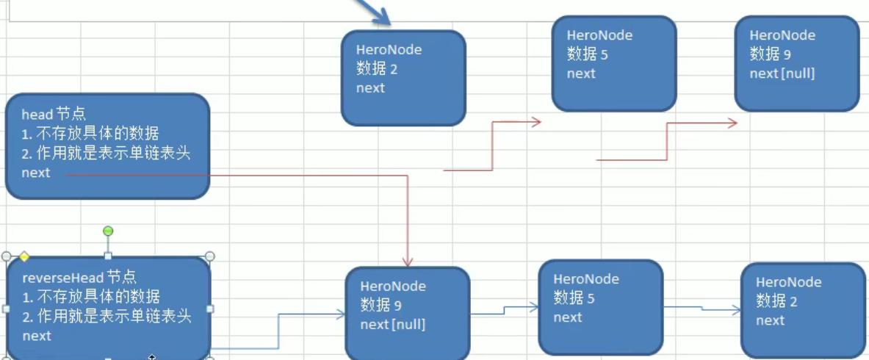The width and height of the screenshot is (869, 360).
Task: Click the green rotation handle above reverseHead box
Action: click(108, 231)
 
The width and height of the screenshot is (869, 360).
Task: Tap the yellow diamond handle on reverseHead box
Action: click(24, 256)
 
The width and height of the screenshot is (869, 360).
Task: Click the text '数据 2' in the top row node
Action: click(377, 69)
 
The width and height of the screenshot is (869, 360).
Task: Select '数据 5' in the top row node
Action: click(587, 54)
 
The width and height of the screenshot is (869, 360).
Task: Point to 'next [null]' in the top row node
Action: click(782, 73)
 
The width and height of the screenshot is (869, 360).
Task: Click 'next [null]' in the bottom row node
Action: click(392, 325)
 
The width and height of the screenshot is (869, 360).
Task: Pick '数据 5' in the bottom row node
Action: click(574, 298)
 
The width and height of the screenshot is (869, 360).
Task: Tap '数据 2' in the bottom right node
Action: click(776, 301)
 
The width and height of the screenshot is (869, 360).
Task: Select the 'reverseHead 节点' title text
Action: click(79, 278)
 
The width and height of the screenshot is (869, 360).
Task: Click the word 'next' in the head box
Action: click(36, 173)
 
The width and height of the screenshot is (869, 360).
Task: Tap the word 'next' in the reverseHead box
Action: click(37, 336)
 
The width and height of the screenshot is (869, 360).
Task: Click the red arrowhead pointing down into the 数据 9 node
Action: click(407, 262)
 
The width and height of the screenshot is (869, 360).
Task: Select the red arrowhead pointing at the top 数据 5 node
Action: click(536, 122)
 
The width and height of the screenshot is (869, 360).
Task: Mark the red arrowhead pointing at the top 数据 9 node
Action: click(732, 123)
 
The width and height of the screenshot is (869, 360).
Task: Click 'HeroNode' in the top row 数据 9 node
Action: click(782, 35)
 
